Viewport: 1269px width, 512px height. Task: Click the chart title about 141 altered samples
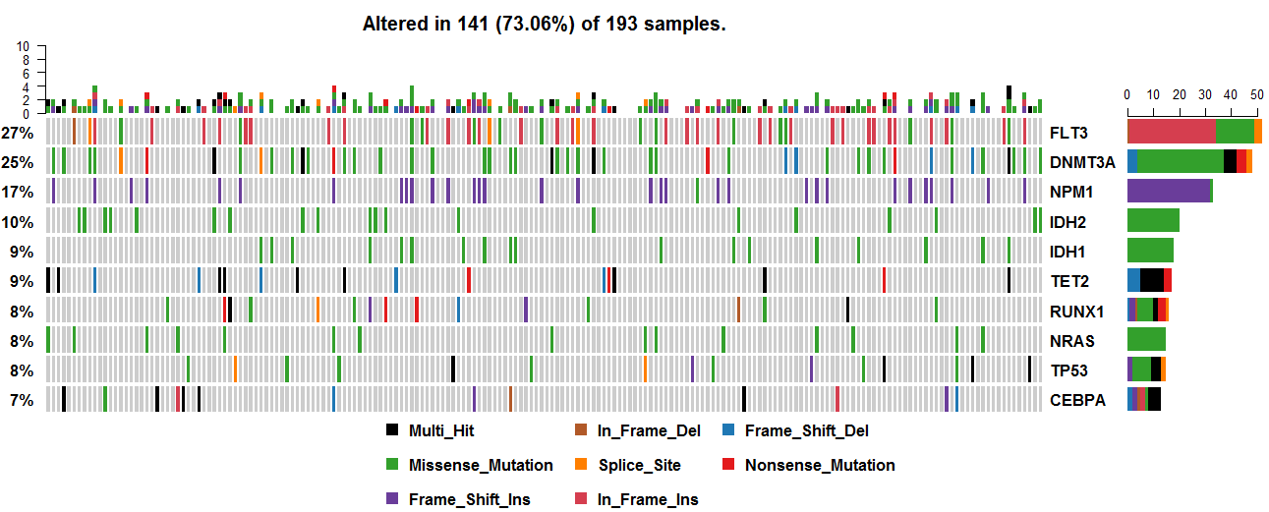click(x=544, y=24)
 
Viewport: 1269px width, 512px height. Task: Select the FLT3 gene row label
click(x=1068, y=133)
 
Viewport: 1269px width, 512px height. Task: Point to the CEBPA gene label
click(x=1077, y=400)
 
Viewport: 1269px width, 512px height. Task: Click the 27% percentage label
click(x=18, y=133)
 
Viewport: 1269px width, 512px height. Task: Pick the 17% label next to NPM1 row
click(x=18, y=192)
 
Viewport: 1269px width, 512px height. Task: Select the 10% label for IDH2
click(x=18, y=222)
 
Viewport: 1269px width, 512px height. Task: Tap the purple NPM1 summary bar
click(x=1168, y=191)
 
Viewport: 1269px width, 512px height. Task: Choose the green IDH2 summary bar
click(x=1152, y=221)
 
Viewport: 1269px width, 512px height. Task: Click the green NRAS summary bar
click(x=1146, y=340)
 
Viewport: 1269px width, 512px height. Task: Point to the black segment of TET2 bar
click(x=1151, y=280)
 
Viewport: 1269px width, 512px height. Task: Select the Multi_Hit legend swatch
click(x=392, y=430)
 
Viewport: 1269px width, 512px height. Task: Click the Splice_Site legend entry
click(x=638, y=465)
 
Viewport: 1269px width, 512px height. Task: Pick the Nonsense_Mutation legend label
click(x=820, y=465)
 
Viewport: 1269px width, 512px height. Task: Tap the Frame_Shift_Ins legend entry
click(x=469, y=499)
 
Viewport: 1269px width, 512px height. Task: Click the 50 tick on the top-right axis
click(x=1255, y=94)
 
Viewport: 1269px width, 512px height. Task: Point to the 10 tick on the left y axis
click(x=26, y=46)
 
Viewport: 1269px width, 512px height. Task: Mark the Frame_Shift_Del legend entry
click(x=806, y=430)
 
